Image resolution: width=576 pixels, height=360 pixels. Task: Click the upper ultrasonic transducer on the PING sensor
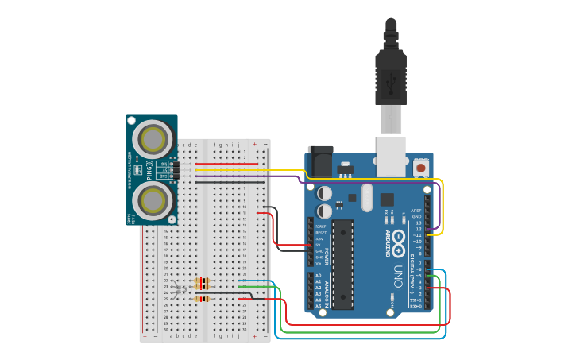click(x=152, y=139)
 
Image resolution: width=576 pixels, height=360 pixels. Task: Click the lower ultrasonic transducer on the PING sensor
click(x=152, y=201)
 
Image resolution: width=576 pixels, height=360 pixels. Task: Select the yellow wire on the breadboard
click(x=238, y=170)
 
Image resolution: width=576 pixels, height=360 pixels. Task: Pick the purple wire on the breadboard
click(x=238, y=176)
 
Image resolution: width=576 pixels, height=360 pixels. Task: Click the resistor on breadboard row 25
click(x=203, y=299)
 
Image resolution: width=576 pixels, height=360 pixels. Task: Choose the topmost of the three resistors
click(x=203, y=280)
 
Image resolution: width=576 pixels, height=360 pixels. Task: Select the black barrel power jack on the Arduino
click(x=321, y=161)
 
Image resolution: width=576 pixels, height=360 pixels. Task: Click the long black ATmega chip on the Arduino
click(x=342, y=264)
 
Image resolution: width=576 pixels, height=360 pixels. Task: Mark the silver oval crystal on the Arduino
click(x=366, y=197)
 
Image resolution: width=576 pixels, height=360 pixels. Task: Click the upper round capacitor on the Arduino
click(x=325, y=193)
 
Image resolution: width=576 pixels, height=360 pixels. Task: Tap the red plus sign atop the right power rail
click(x=254, y=145)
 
